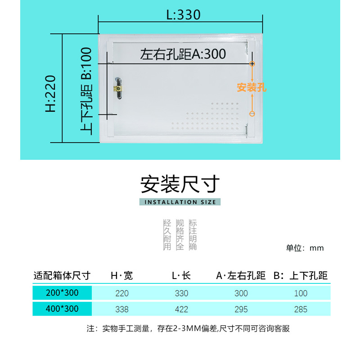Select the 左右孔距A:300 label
click(x=183, y=54)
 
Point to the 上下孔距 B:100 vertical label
click(x=86, y=91)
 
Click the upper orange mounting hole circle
click(x=252, y=64)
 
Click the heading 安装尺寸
click(x=180, y=184)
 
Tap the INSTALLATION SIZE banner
click(x=180, y=202)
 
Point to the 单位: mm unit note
click(x=305, y=248)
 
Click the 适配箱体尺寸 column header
click(x=62, y=275)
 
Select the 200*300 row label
click(x=62, y=293)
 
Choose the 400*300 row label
click(x=62, y=309)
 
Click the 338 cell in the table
click(x=121, y=310)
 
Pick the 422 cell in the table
click(x=181, y=310)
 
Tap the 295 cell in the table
click(x=241, y=310)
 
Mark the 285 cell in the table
click(x=301, y=310)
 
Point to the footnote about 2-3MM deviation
click(x=188, y=328)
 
